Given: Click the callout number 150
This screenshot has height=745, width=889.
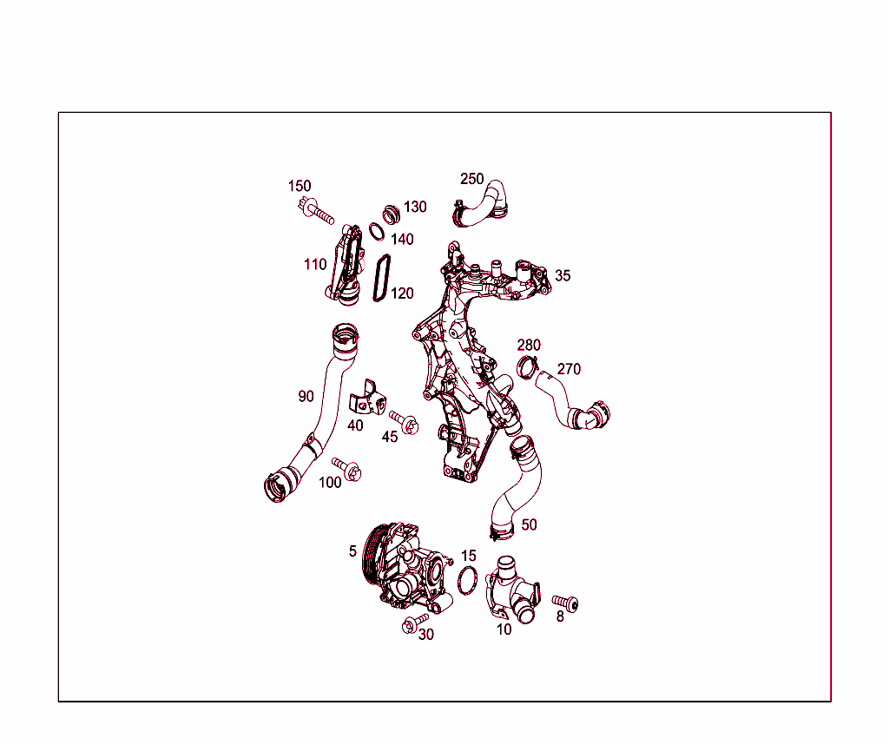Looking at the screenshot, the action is pyautogui.click(x=300, y=186).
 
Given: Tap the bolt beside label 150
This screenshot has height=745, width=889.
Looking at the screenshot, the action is pyautogui.click(x=315, y=210).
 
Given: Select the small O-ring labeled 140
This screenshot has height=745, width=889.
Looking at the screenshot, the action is pyautogui.click(x=377, y=231).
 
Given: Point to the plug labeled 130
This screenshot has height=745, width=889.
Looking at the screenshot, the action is pyautogui.click(x=391, y=214).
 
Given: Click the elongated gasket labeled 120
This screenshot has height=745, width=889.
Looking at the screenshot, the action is pyautogui.click(x=382, y=278).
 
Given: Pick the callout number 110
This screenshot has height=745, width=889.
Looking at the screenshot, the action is pyautogui.click(x=315, y=264).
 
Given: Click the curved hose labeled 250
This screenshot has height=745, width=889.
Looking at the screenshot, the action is pyautogui.click(x=481, y=204).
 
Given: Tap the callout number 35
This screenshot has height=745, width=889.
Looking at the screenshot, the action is pyautogui.click(x=563, y=275).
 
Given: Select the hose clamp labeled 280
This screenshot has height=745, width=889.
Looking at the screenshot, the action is pyautogui.click(x=527, y=366).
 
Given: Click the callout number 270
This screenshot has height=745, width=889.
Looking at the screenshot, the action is pyautogui.click(x=569, y=369).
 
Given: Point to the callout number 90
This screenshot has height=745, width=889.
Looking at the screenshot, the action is pyautogui.click(x=306, y=396).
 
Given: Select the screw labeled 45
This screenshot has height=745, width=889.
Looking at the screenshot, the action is pyautogui.click(x=405, y=422).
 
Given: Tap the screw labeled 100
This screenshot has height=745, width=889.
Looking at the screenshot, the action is pyautogui.click(x=347, y=469).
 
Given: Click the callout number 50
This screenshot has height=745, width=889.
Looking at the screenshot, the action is pyautogui.click(x=529, y=525).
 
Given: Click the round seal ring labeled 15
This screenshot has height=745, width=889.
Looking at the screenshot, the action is pyautogui.click(x=467, y=581).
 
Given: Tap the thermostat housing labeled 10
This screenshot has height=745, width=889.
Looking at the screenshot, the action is pyautogui.click(x=512, y=590).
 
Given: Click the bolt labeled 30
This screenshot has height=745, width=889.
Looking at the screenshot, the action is pyautogui.click(x=414, y=623).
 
